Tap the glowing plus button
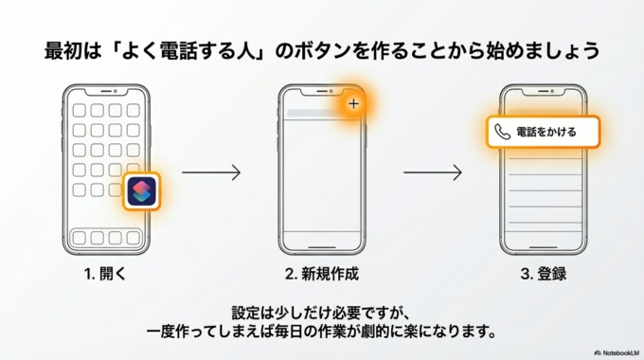353,103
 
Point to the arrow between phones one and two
211,172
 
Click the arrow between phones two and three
432,172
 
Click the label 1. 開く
104,275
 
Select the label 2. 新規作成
322,275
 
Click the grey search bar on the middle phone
315,114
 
